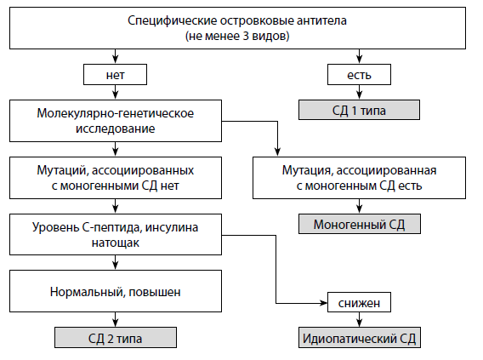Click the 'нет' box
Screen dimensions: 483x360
[115, 75]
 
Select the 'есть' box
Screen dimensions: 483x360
[359, 75]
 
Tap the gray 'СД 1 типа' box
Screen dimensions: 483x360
[359, 110]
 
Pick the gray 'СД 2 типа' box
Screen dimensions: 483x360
[116, 338]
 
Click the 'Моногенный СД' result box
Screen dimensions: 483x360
[360, 224]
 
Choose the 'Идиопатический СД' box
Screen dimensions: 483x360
[360, 338]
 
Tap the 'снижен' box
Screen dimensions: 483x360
[359, 302]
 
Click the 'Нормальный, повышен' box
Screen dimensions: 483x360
[116, 291]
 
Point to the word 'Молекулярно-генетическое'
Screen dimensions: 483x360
[116, 113]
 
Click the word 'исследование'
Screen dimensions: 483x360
[115, 129]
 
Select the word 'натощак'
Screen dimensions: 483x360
[116, 243]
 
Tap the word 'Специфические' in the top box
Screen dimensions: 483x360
[173, 21]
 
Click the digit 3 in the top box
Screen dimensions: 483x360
[246, 36]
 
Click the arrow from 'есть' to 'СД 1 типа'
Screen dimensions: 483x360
[359, 92]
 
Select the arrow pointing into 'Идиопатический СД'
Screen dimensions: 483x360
[359, 320]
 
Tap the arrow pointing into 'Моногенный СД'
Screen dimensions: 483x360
[359, 206]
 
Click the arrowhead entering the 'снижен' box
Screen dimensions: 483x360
[324, 303]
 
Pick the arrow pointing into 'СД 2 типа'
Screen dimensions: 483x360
[115, 320]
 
